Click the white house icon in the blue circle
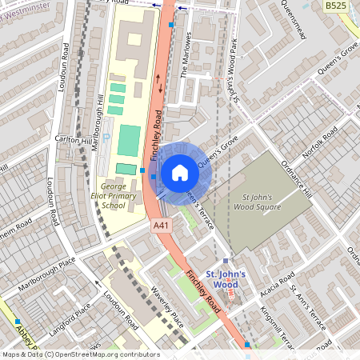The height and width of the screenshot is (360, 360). [x=180, y=172]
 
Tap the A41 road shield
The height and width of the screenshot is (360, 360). [x=162, y=226]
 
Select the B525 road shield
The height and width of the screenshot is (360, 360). [x=337, y=6]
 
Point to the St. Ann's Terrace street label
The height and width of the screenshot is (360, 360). [x=307, y=308]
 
